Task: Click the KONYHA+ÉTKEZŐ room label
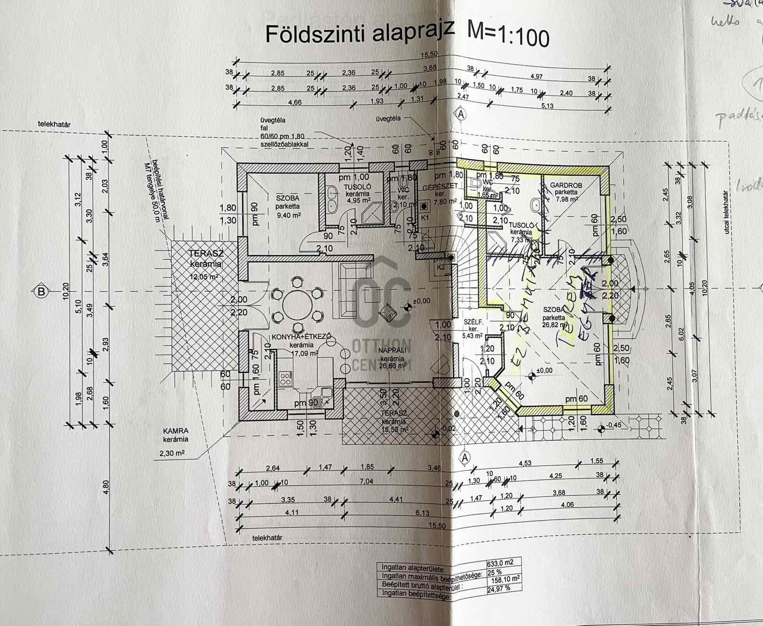pos(301,337)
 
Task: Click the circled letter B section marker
pos(42,291)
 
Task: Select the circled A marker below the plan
pos(464,457)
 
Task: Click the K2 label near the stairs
pos(441,267)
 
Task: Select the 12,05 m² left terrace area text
pos(205,276)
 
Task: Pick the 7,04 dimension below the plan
pos(366,481)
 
